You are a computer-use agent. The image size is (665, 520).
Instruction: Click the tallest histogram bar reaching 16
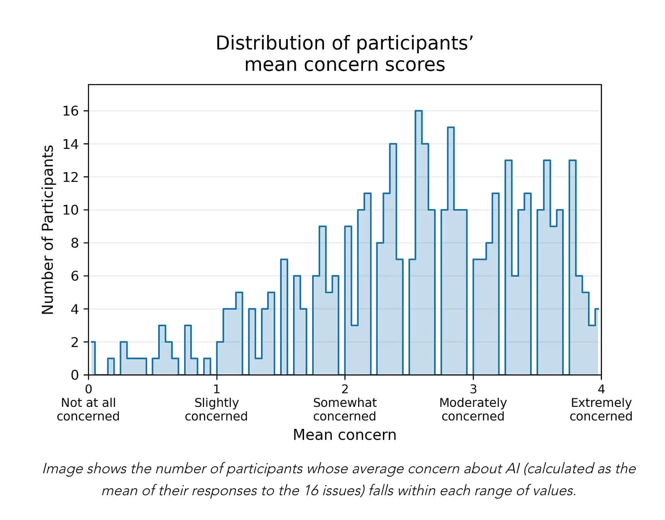pos(418,244)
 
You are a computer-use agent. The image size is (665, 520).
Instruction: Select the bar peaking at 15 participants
pos(450,252)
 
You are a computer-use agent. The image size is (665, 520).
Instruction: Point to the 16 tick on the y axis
pos(70,111)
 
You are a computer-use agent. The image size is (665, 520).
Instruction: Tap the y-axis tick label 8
pos(74,243)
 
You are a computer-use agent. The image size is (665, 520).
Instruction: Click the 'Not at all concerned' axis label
pos(88,409)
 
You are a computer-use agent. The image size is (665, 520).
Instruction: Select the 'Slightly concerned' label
pos(216,409)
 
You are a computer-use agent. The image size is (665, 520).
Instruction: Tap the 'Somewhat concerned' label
pos(345,409)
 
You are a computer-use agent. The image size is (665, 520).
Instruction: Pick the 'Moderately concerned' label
pos(473,409)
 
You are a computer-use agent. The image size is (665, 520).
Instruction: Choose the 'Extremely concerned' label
pos(601,409)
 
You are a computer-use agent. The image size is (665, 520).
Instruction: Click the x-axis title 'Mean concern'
pos(344,435)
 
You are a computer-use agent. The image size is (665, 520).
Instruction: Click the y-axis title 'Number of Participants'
pos(48,230)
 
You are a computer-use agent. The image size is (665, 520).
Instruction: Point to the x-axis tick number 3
pos(473,389)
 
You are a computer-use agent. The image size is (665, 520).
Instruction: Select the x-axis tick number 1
pos(216,389)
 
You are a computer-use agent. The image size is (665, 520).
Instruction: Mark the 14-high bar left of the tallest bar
pos(393,260)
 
